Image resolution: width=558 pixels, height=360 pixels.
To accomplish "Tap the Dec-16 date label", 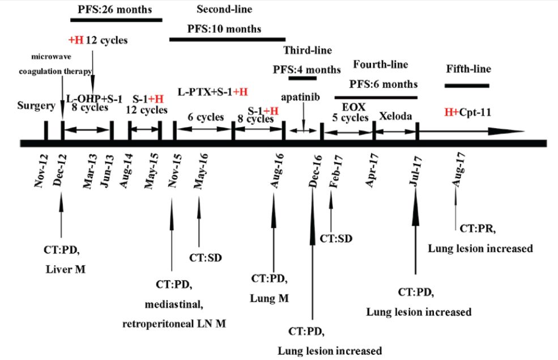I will pos(315,170).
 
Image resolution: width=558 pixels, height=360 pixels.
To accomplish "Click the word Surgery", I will pos(36,105).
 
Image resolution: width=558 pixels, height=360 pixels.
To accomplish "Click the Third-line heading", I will pos(308,50).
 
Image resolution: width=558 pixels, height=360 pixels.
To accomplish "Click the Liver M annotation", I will pos(66,270).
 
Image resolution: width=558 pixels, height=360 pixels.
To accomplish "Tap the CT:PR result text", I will pos(478,228).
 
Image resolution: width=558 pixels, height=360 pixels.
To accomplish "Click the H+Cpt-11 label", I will pos(467,112).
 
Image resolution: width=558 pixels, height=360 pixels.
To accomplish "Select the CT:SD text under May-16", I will pos(205,259).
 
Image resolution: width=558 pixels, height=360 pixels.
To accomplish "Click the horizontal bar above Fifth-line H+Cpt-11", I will pos(467,86).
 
